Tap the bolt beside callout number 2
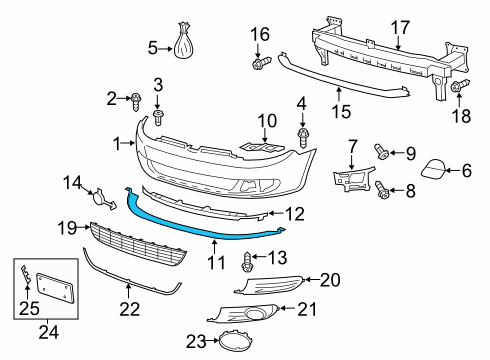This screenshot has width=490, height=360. (x=136, y=102)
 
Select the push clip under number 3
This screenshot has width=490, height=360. (x=158, y=117)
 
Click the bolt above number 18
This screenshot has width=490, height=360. (x=460, y=86)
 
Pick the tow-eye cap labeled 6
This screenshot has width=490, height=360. (x=433, y=168)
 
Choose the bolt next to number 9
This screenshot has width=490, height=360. (x=381, y=151)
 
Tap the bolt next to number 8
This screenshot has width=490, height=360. (x=382, y=190)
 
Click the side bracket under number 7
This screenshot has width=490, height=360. (x=353, y=179)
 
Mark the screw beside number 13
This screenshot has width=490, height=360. (x=246, y=262)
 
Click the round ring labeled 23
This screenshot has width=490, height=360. (x=235, y=341)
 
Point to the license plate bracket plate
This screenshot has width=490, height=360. (x=55, y=288)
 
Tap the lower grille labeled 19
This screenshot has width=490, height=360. (x=137, y=244)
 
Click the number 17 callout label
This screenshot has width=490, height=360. (x=400, y=27)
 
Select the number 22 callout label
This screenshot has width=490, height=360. (x=130, y=309)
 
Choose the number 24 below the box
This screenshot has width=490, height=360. (x=49, y=332)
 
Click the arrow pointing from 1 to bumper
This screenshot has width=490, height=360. (x=127, y=144)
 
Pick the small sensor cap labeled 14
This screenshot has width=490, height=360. (x=103, y=199)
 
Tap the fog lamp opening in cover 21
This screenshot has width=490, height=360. (x=254, y=314)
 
